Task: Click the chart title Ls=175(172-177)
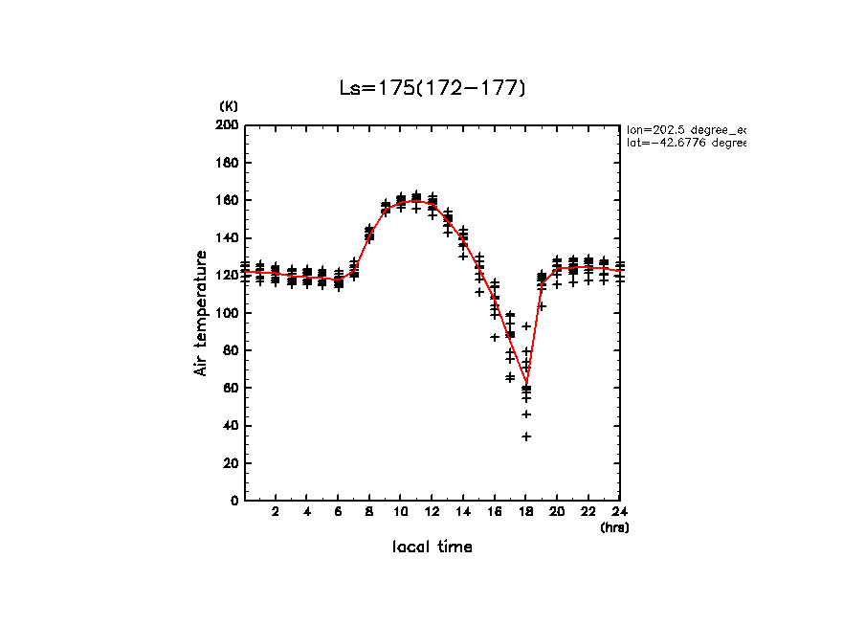[432, 88]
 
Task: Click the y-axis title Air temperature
[201, 313]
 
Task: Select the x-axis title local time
[432, 548]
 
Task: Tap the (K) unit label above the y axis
[229, 105]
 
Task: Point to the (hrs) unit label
[614, 527]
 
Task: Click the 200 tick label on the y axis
[228, 125]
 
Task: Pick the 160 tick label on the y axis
[228, 200]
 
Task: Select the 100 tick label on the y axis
[228, 313]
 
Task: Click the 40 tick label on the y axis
[231, 425]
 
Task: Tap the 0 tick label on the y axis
[234, 501]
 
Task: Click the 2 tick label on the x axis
[276, 512]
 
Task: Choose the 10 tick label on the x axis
[401, 512]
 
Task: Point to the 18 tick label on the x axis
[526, 512]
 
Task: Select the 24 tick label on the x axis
[620, 512]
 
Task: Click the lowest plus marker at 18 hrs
[526, 436]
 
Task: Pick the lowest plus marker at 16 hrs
[495, 337]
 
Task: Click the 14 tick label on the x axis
[463, 512]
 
